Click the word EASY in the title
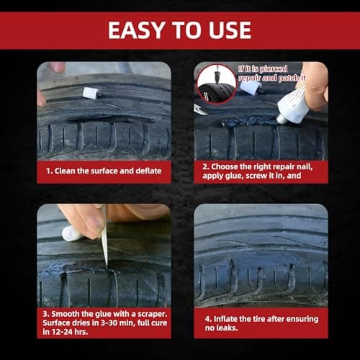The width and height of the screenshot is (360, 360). [x=135, y=30]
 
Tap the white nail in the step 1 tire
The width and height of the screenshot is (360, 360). [x=90, y=93]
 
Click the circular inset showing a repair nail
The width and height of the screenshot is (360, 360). [x=216, y=84]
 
